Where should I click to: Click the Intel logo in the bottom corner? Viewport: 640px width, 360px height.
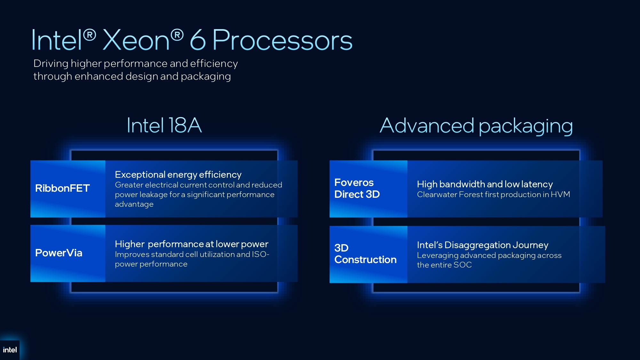(10, 350)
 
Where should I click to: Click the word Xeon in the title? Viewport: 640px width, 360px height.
(136, 40)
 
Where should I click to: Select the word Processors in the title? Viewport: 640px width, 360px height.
(282, 40)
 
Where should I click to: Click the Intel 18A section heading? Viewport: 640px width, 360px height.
(164, 125)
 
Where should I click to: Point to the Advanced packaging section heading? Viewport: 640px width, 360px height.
(476, 126)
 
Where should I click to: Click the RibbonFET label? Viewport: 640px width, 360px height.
(62, 188)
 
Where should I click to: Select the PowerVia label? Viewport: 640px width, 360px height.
(59, 253)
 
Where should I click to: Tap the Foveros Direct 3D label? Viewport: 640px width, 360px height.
(357, 188)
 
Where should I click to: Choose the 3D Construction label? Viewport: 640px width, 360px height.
(365, 253)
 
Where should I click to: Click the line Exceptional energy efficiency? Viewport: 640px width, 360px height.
(178, 174)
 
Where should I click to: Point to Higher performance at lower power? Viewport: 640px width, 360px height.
(192, 244)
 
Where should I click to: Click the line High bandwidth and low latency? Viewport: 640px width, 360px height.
(485, 184)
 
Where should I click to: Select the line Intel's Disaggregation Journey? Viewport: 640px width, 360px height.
(483, 245)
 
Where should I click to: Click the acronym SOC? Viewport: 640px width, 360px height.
(463, 265)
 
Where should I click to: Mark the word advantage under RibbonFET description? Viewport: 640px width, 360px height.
(134, 204)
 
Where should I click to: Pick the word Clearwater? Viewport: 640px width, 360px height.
(437, 194)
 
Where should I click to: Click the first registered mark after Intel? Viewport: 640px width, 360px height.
(90, 35)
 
